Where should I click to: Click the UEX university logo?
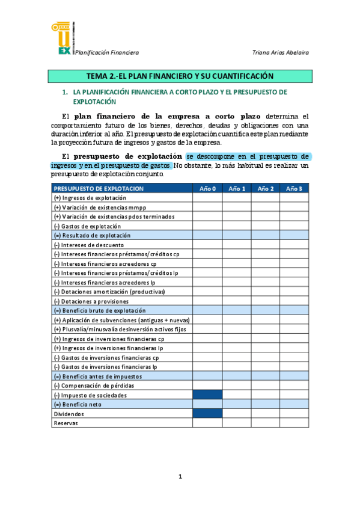(x=62, y=38)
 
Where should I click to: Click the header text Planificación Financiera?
(x=106, y=52)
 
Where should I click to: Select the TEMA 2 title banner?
(x=180, y=76)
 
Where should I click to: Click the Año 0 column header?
(x=207, y=189)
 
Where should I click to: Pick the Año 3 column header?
(x=294, y=189)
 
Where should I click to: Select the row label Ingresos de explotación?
(x=90, y=198)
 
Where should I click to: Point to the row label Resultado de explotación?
(x=92, y=236)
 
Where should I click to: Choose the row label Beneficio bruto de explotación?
(x=100, y=310)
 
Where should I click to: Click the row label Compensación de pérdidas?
(x=94, y=386)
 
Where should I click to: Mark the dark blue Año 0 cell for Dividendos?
(x=207, y=414)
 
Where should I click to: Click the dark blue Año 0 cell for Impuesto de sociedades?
(x=207, y=395)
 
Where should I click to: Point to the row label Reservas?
(x=66, y=423)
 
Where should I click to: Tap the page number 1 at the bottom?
(x=180, y=477)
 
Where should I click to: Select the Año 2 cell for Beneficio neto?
(x=265, y=405)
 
